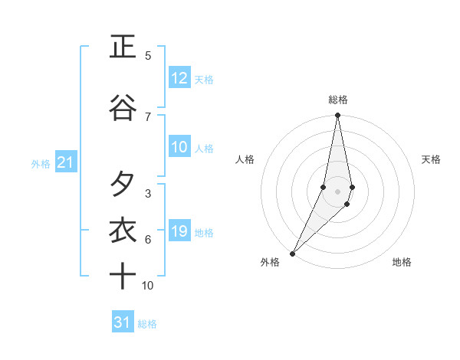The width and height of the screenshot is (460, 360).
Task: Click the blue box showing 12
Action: pyautogui.click(x=179, y=78)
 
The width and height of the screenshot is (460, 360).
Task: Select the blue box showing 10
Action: pyautogui.click(x=179, y=147)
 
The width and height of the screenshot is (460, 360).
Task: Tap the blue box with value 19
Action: pyautogui.click(x=179, y=231)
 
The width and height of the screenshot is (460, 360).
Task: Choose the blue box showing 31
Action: pyautogui.click(x=123, y=322)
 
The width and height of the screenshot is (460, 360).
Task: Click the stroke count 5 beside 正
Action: pyautogui.click(x=148, y=56)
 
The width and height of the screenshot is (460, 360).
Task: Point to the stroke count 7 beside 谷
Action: pyautogui.click(x=148, y=116)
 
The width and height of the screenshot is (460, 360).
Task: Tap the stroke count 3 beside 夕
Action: pyautogui.click(x=148, y=194)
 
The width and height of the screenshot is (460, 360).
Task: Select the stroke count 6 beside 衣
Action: pyautogui.click(x=148, y=240)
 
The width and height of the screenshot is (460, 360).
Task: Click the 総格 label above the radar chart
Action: pyautogui.click(x=338, y=100)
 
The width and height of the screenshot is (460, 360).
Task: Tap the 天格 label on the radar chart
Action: pyautogui.click(x=431, y=159)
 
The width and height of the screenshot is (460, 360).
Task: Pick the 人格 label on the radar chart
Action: pyautogui.click(x=245, y=159)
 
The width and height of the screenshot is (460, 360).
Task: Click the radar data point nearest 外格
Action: pyautogui.click(x=292, y=253)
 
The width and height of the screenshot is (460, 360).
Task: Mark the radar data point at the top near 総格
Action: pyautogui.click(x=338, y=116)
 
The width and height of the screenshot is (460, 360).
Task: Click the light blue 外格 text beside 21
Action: pyautogui.click(x=40, y=163)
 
